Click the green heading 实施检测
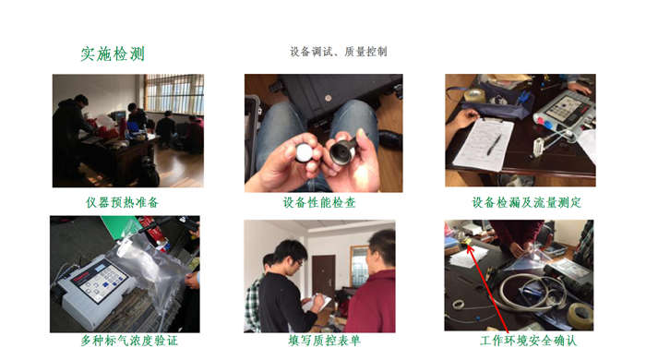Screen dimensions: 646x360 [x=113, y=54]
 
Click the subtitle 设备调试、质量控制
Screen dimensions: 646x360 [x=339, y=52]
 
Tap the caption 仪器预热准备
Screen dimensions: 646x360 [x=122, y=202]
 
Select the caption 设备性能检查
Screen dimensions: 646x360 [x=319, y=202]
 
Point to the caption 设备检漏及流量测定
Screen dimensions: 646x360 [x=527, y=202]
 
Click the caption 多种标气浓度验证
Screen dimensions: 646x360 [x=129, y=341]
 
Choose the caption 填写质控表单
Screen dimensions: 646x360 [x=324, y=341]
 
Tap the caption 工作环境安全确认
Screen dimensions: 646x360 [x=528, y=341]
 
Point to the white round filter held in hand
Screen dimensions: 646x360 [x=305, y=152]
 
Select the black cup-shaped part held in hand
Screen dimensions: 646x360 [x=343, y=151]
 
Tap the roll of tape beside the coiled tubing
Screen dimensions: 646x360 [x=580, y=316]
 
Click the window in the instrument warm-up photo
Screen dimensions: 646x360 [x=174, y=94]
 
